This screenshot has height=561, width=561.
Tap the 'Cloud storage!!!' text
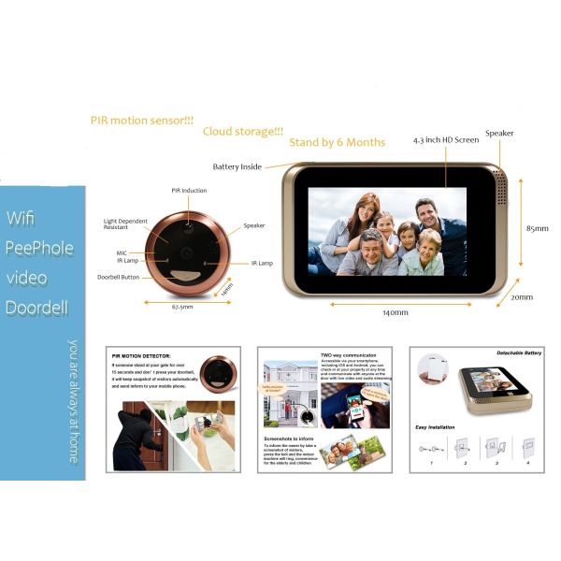pos(242,132)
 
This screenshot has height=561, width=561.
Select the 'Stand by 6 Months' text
pos(337,142)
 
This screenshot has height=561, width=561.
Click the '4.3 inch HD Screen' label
pos(446,140)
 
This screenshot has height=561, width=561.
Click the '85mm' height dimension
pos(538,227)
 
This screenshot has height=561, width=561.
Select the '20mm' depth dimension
pos(522,297)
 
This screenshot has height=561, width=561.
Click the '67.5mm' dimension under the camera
pos(183,306)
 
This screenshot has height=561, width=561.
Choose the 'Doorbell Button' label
pos(119,277)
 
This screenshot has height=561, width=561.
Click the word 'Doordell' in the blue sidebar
pos(38,308)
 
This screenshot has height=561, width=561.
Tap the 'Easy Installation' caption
pos(436,427)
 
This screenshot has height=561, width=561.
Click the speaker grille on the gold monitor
pos(500,189)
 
